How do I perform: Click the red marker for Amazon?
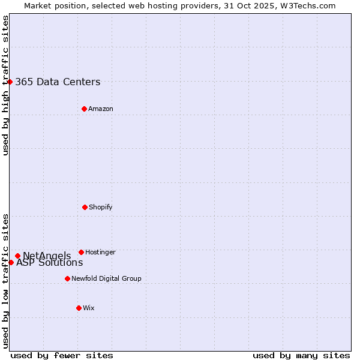84,109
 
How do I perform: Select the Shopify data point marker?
85,207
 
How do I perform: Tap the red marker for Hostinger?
81,252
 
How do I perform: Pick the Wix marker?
79,308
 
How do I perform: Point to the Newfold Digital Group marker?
67,278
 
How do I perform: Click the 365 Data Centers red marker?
10,82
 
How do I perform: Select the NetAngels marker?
17,256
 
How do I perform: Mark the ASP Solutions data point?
11,262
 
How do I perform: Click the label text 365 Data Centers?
58,82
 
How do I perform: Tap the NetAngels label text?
47,256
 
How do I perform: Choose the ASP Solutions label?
49,263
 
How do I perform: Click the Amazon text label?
101,109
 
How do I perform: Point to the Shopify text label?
101,207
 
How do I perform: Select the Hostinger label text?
100,252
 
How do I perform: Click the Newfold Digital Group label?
106,278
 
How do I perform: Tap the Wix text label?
89,308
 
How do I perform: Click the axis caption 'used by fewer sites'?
62,355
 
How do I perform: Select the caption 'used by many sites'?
301,355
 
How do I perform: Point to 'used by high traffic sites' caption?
5,85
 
